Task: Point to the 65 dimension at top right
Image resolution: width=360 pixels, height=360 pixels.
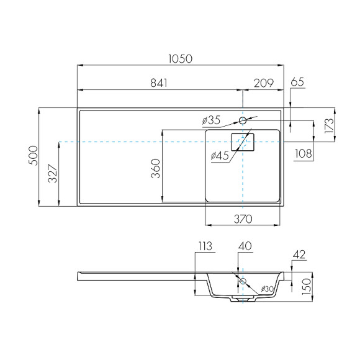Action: (x=297, y=81)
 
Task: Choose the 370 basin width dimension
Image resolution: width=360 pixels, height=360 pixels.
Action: (x=243, y=218)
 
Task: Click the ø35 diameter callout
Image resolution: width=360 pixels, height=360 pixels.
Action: (x=212, y=119)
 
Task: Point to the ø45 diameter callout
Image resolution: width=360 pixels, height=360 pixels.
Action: (x=221, y=155)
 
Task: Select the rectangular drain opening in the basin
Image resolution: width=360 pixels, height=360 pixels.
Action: (x=243, y=142)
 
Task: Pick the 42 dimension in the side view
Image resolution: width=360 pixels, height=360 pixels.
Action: (x=298, y=253)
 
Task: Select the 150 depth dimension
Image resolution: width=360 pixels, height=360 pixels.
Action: (x=304, y=287)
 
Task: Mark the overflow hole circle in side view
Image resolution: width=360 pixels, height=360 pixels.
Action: (x=243, y=282)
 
